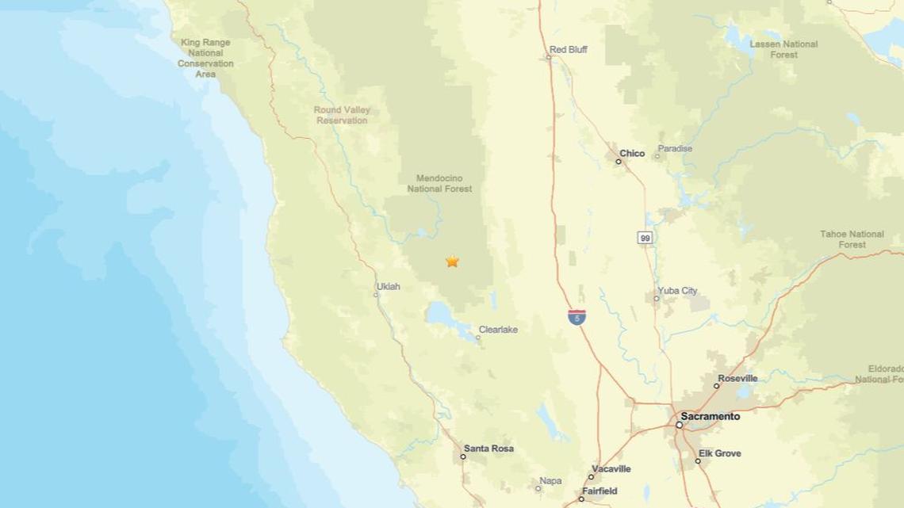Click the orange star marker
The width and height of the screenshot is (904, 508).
point(452,262)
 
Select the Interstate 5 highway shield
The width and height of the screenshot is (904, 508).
point(577,317)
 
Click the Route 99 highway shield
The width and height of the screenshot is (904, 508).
point(646,238)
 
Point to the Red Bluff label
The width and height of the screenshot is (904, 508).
point(569,49)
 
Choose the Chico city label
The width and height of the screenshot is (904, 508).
point(632,153)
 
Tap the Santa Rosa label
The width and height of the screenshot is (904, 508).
point(488,449)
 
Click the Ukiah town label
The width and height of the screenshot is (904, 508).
point(388,286)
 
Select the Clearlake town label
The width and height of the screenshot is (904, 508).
point(498,330)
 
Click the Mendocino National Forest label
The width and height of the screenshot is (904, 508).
point(439,184)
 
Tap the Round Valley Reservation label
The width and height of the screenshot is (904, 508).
point(342,116)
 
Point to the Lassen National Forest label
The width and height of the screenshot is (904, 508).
point(783,49)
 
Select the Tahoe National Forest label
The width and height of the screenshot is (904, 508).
point(852,239)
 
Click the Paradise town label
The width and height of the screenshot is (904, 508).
point(675,148)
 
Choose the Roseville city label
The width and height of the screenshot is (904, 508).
point(737,379)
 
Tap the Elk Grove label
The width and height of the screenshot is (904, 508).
point(720,453)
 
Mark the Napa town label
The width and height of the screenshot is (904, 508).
point(550,481)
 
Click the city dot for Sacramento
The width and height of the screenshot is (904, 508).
point(680,425)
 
